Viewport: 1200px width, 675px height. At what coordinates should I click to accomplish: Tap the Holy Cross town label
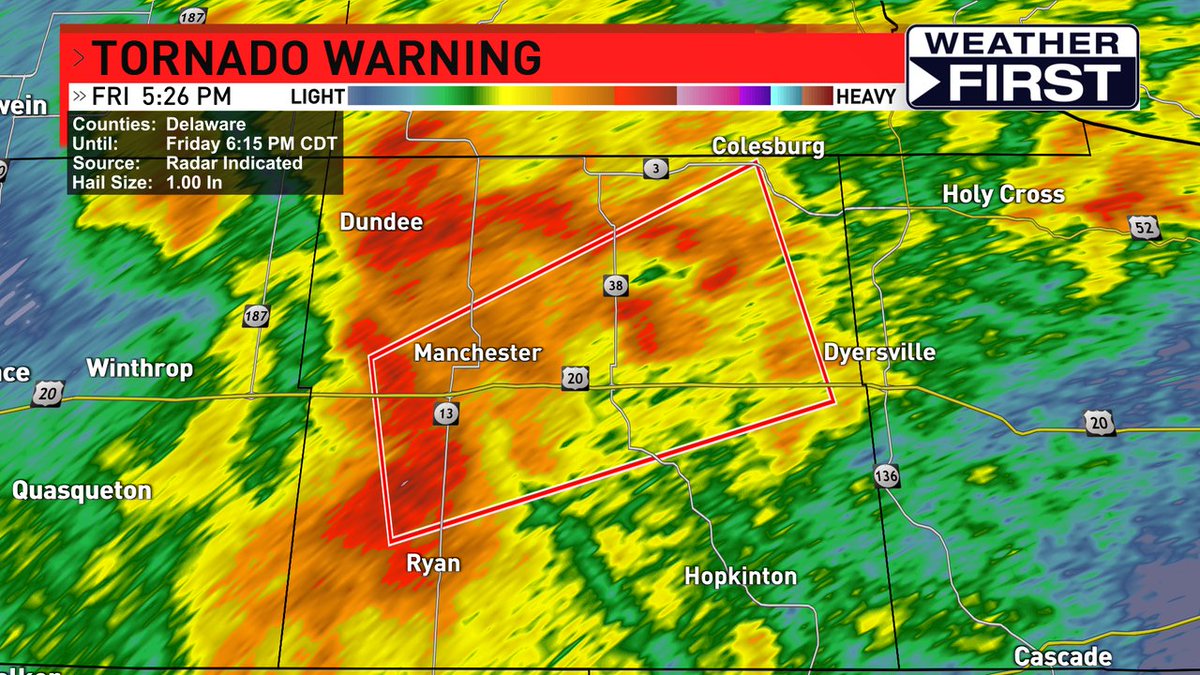[1003, 194]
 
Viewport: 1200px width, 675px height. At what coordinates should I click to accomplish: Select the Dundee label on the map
[381, 222]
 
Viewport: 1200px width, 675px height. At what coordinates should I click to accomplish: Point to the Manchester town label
[477, 353]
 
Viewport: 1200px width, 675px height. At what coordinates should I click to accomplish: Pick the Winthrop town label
[139, 368]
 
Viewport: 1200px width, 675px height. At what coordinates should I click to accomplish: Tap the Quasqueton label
[82, 490]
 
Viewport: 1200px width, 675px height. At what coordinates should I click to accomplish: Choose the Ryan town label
[433, 563]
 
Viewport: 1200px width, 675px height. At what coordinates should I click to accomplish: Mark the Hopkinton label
[740, 576]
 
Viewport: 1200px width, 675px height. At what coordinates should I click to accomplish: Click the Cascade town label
[1063, 656]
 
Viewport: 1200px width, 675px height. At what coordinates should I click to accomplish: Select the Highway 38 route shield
[616, 287]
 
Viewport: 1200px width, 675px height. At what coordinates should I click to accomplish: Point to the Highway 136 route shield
[886, 475]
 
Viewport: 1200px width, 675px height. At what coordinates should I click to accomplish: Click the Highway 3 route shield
[655, 169]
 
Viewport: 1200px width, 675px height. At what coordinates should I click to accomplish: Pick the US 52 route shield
[1146, 228]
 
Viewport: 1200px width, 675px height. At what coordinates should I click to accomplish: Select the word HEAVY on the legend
[866, 97]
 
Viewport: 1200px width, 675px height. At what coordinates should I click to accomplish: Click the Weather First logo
[1022, 66]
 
